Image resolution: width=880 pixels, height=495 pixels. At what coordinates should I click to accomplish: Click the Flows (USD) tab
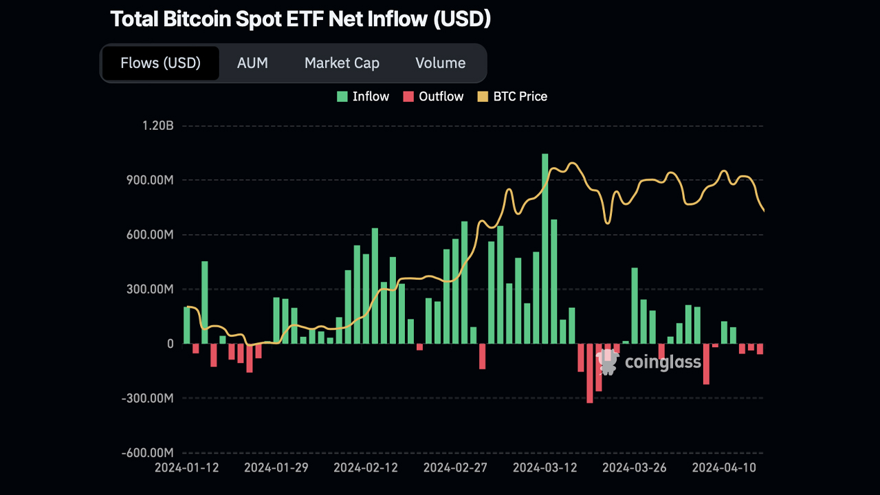click(x=160, y=63)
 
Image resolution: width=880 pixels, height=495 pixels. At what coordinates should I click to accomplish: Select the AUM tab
click(x=252, y=63)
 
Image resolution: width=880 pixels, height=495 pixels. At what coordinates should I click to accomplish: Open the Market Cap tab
click(x=342, y=63)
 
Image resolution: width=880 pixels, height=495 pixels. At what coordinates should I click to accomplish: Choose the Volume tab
click(x=440, y=63)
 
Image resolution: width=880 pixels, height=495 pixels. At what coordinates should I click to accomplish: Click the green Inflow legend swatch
click(x=342, y=97)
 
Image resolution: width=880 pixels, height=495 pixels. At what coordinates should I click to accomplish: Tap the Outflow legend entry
click(x=433, y=97)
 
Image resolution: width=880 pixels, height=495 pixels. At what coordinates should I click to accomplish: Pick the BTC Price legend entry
click(x=512, y=97)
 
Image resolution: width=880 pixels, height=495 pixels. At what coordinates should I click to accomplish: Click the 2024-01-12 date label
click(x=187, y=468)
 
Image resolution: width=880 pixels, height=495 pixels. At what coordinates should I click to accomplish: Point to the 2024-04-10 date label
click(x=724, y=468)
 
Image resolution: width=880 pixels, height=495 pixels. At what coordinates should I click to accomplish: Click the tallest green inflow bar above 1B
click(x=545, y=247)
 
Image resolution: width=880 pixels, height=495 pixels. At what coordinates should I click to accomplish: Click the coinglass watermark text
click(x=663, y=362)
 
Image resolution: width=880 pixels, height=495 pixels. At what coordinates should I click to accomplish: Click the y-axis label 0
click(x=170, y=344)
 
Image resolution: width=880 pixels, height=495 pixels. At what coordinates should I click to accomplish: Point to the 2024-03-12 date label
click(x=545, y=468)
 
